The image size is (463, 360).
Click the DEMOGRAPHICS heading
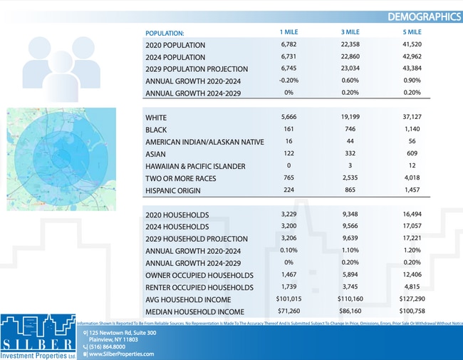pyautogui.click(x=424, y=16)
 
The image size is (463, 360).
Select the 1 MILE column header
pyautogui.click(x=288, y=33)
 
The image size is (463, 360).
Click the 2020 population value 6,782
pyautogui.click(x=288, y=45)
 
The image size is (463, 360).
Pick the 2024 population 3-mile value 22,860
pyautogui.click(x=350, y=57)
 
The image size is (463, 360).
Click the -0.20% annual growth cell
pyautogui.click(x=288, y=81)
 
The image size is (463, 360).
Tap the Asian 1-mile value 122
pyautogui.click(x=288, y=154)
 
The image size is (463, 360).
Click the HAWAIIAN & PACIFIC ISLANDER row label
pyautogui.click(x=194, y=166)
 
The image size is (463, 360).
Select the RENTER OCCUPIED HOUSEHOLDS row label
pyautogui.click(x=199, y=287)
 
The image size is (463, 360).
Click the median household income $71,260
pyautogui.click(x=288, y=312)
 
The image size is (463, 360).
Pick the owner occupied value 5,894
pyautogui.click(x=350, y=275)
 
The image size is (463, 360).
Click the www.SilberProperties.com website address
pyautogui.click(x=121, y=354)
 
